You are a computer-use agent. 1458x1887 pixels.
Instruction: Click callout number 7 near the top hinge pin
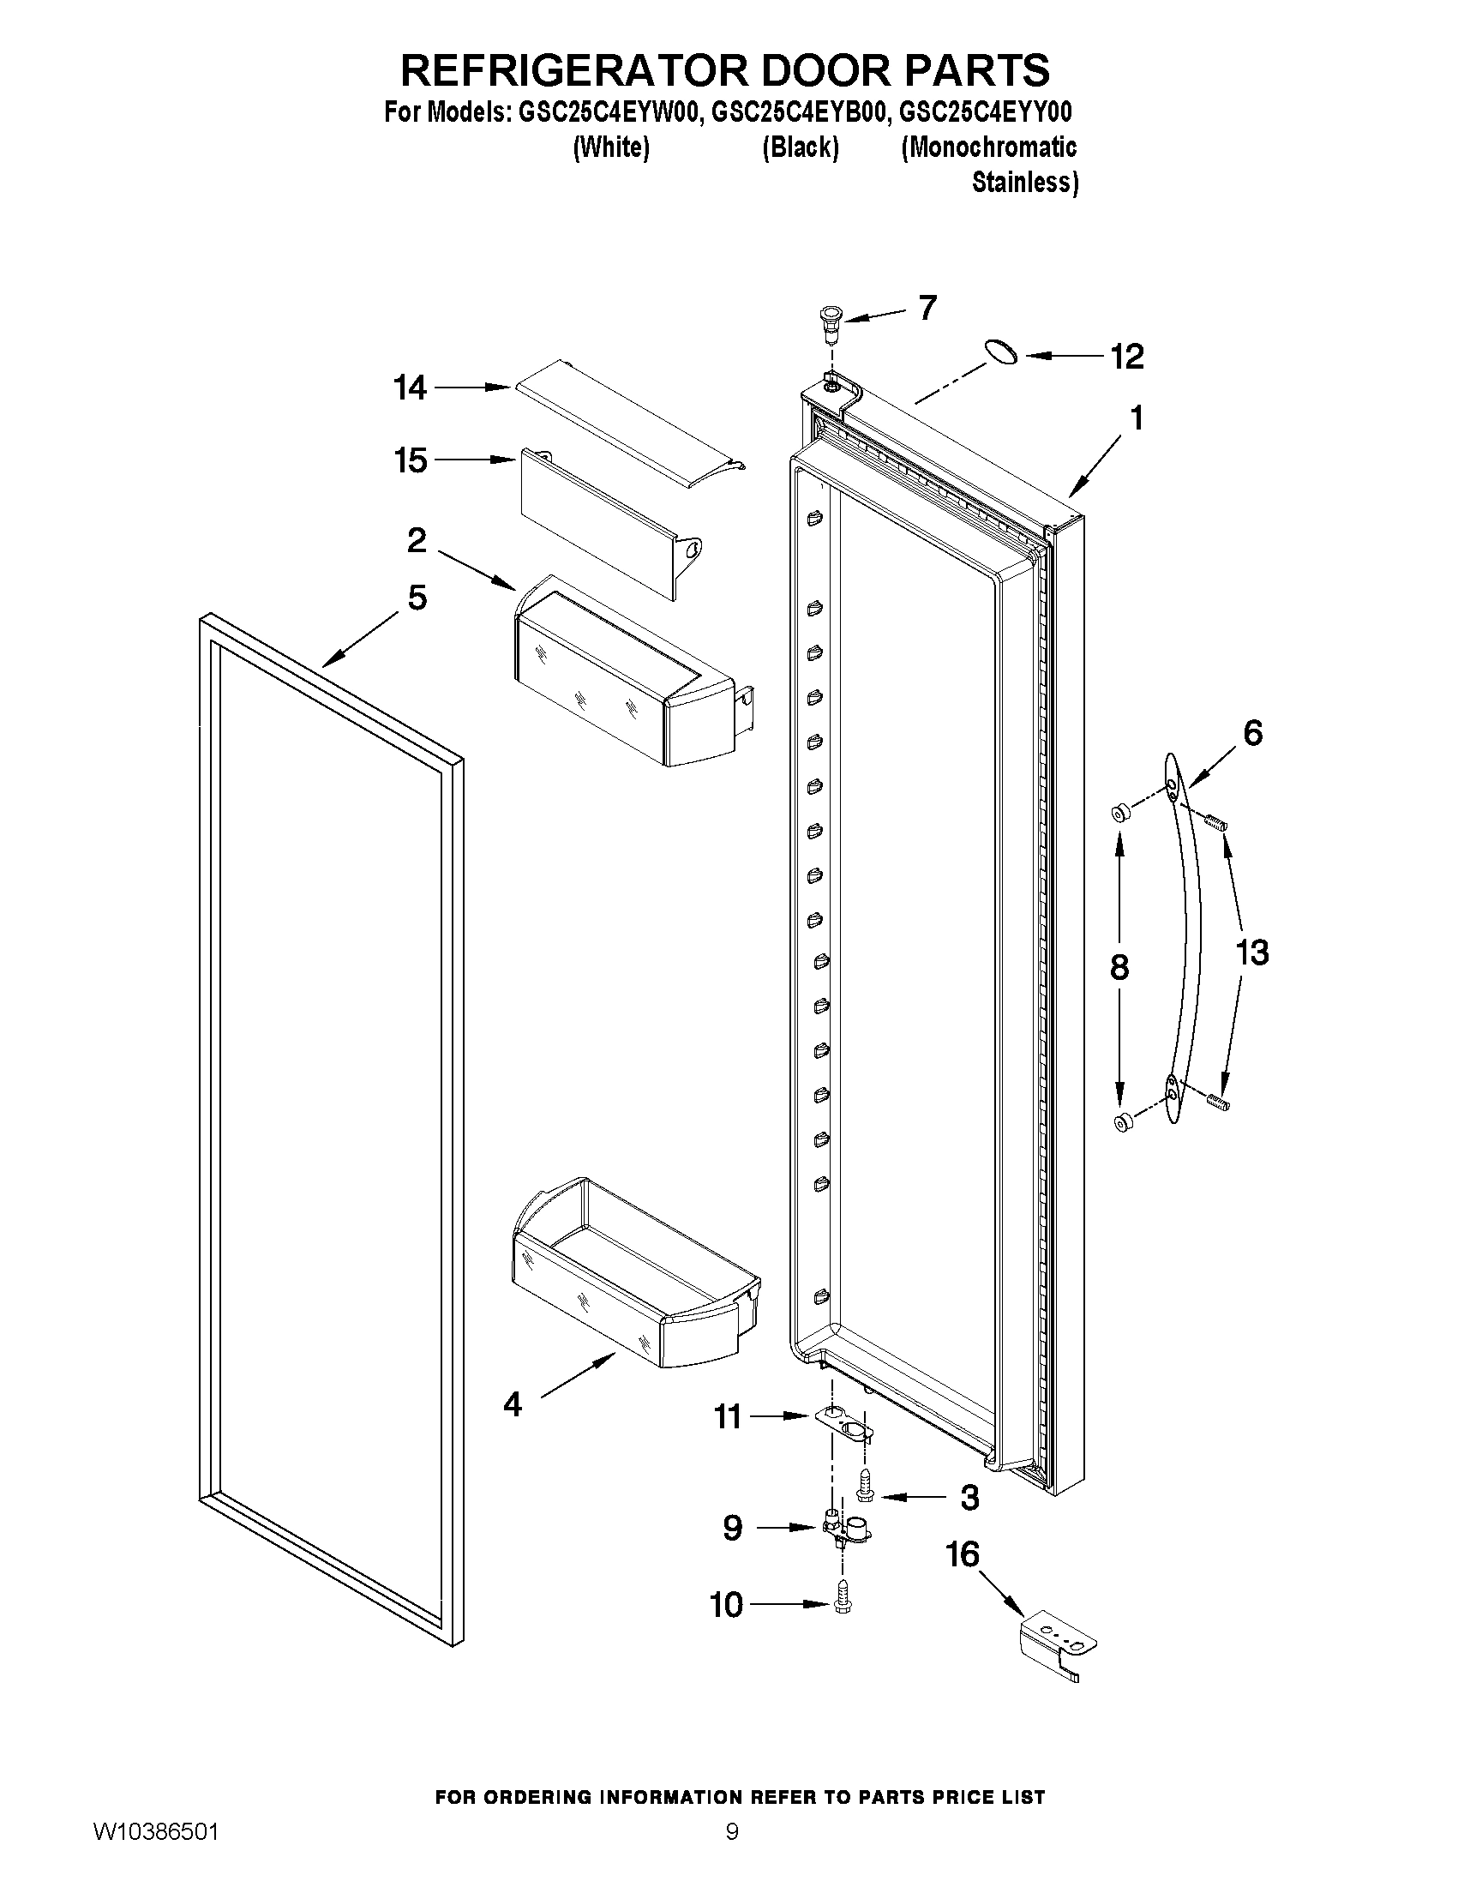[x=927, y=307]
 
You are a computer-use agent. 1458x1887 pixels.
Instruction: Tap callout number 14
[x=411, y=388]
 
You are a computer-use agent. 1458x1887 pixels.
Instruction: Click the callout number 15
[x=411, y=460]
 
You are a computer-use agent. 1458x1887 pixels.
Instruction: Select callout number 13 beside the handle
[x=1251, y=953]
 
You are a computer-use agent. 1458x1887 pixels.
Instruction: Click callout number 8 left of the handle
[x=1119, y=968]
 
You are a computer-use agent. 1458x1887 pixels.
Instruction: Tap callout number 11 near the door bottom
[x=727, y=1417]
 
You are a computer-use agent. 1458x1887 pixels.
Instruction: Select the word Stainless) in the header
[x=1024, y=183]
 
